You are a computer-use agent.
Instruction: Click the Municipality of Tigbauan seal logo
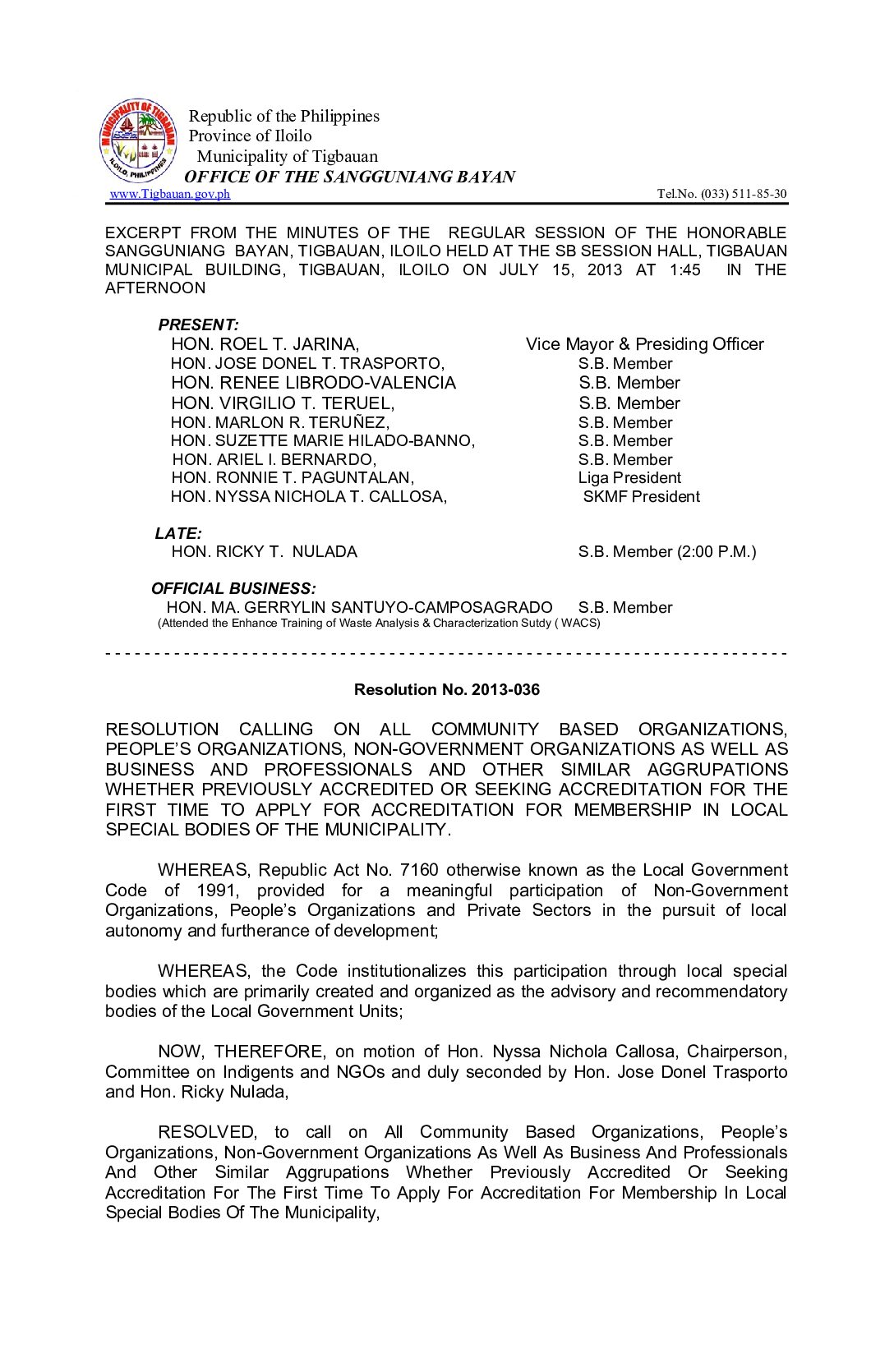pos(138,141)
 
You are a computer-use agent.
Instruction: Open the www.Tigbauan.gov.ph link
pos(170,194)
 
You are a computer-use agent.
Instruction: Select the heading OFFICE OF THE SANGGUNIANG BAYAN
pos(349,177)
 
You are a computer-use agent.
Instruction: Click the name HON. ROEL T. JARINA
pos(265,344)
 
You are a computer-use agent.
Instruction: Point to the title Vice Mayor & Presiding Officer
pos(644,344)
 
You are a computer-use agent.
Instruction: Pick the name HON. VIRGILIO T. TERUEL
pos(283,403)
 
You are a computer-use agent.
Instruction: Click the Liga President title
pos(629,478)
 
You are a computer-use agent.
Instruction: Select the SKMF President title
pos(641,497)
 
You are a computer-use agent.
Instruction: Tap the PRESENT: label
pos(198,324)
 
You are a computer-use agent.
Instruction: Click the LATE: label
pos(178,534)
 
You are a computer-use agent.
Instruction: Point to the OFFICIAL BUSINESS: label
pos(233,589)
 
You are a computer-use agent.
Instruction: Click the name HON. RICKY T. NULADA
pos(264,552)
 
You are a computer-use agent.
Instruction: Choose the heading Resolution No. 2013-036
pos(447,690)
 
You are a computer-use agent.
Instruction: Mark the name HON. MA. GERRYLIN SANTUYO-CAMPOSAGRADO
pos(359,608)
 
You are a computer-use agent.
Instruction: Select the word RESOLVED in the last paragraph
pos(207,1132)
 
